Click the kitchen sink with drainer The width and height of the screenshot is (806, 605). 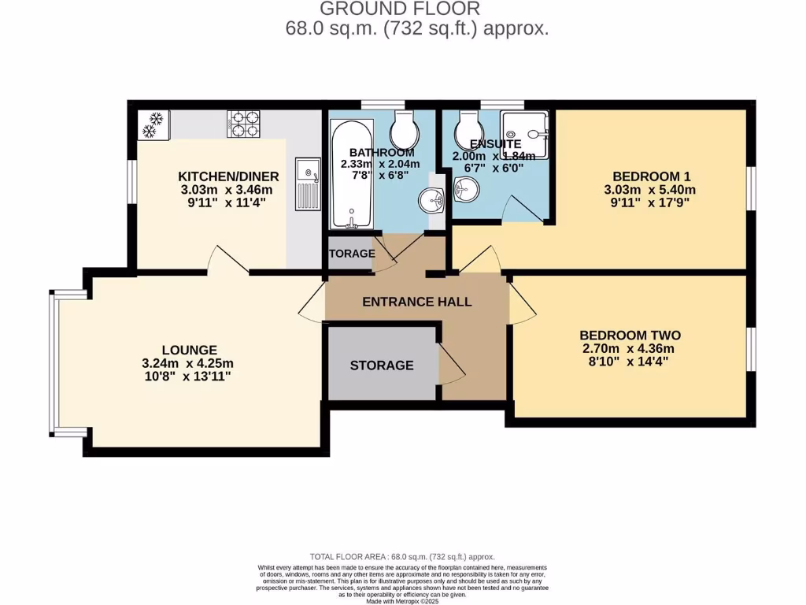(x=307, y=183)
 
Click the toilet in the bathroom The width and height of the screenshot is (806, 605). (x=405, y=126)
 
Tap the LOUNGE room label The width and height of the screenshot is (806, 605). (x=189, y=350)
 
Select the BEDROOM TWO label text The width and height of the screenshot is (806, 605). (x=631, y=335)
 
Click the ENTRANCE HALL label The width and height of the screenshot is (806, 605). (x=416, y=302)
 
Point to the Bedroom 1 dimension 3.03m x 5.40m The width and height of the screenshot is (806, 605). (x=649, y=190)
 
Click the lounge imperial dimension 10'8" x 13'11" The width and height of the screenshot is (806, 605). (x=189, y=377)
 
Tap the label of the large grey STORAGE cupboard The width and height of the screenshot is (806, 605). (x=382, y=366)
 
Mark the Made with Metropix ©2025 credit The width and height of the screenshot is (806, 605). (x=402, y=601)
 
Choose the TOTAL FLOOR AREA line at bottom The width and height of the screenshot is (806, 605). (x=402, y=556)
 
